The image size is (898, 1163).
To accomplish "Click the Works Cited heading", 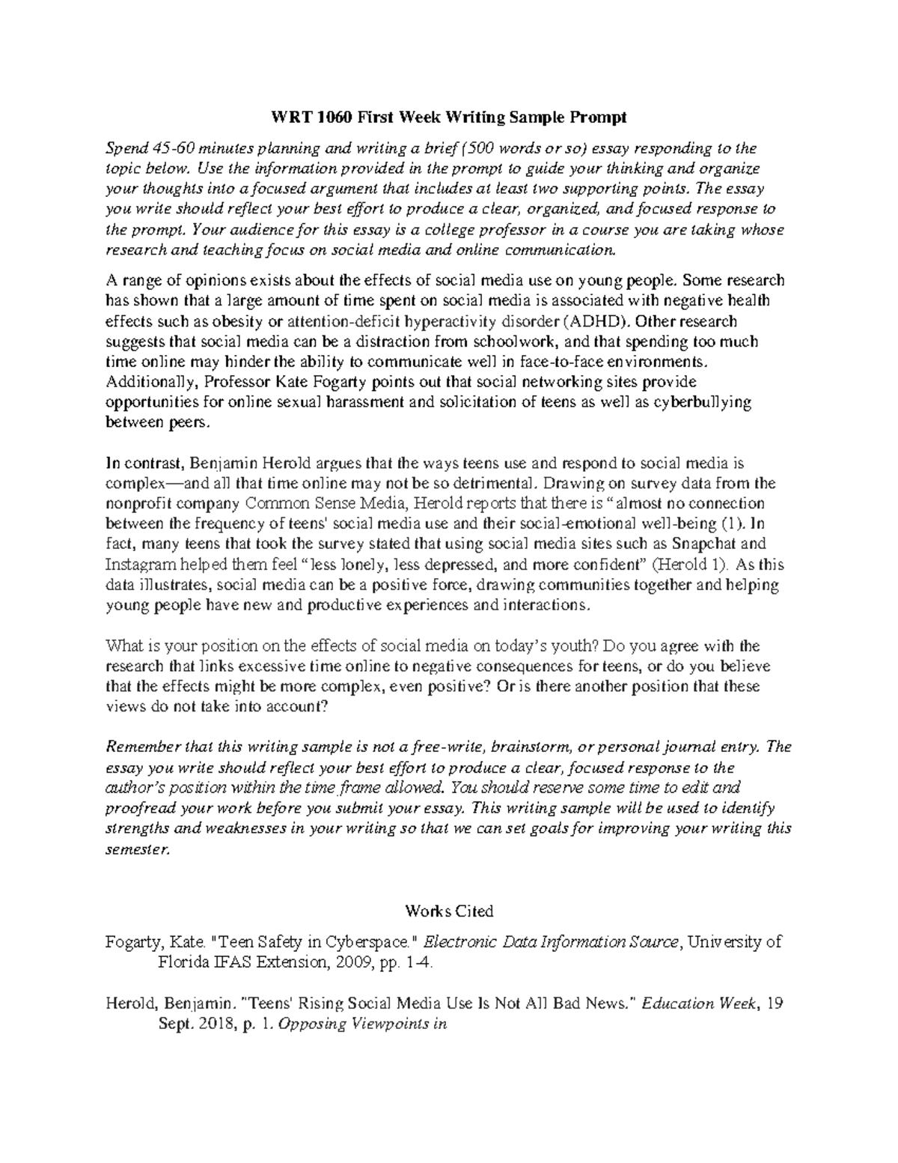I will click(449, 911).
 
